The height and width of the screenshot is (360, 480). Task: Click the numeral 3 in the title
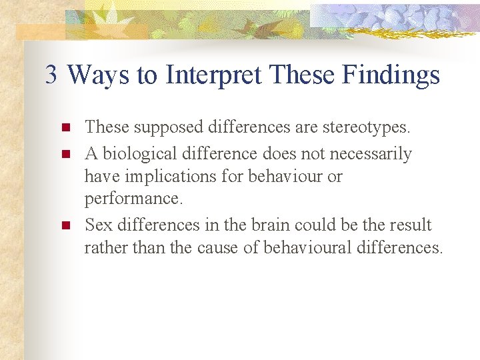point(51,75)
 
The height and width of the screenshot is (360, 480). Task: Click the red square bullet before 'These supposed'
point(65,127)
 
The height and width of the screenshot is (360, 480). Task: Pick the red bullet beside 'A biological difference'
point(65,154)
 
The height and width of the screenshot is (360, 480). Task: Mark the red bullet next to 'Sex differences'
point(65,225)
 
